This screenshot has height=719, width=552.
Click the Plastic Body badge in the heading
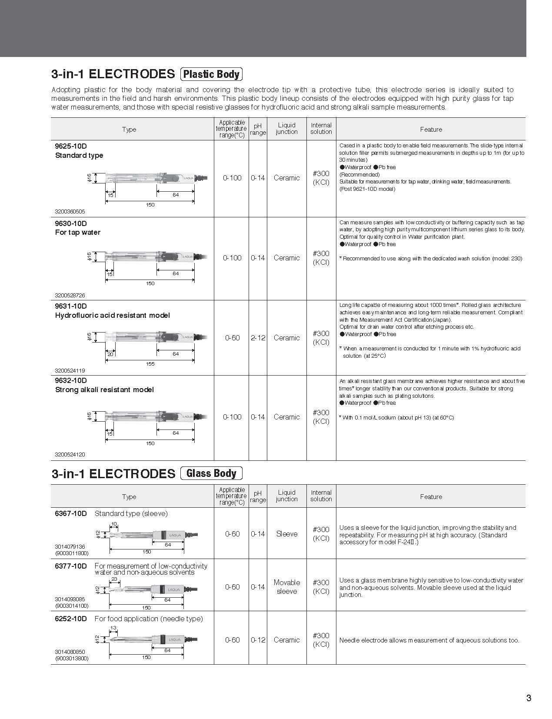click(x=211, y=74)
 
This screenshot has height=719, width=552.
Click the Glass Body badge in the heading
click(x=211, y=473)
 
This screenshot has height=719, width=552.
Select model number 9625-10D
click(x=71, y=146)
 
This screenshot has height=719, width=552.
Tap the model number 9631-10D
click(x=71, y=306)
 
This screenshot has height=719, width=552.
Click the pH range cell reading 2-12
click(x=258, y=338)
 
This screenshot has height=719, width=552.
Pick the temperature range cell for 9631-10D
click(x=232, y=338)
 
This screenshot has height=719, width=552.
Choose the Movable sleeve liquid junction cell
click(x=286, y=587)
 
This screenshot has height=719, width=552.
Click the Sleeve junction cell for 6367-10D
click(x=286, y=534)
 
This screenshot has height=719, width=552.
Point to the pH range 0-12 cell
click(x=258, y=640)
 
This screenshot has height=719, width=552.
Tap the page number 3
click(x=529, y=698)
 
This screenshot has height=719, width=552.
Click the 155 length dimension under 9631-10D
click(x=150, y=364)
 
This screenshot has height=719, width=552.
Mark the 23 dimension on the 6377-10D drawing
click(x=114, y=579)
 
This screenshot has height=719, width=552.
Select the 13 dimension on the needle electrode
click(x=113, y=628)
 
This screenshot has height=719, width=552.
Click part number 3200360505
click(x=70, y=212)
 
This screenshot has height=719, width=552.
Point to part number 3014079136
click(x=70, y=546)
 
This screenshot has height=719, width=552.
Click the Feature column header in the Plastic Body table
click(x=431, y=130)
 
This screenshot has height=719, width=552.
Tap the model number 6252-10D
click(x=71, y=619)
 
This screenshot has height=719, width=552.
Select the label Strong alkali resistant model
click(x=104, y=390)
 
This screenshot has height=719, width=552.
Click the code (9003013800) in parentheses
click(x=72, y=658)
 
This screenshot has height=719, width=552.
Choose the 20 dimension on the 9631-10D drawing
click(x=110, y=354)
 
